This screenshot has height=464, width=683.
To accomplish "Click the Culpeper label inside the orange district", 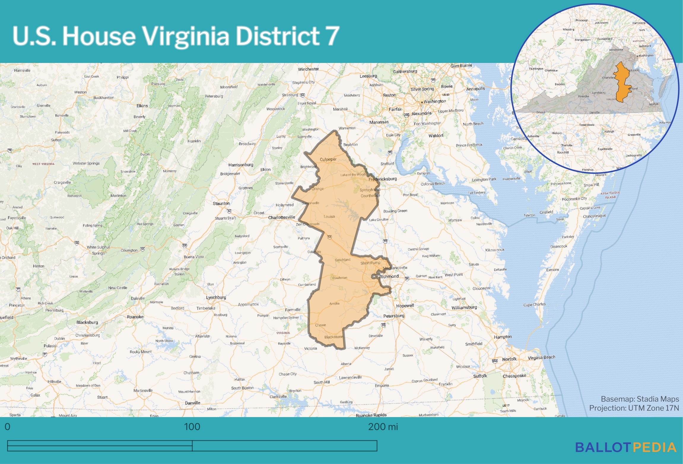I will coord(328,159).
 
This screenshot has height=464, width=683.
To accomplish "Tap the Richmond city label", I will coord(389,276).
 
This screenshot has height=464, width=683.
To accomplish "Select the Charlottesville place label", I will coord(282,217).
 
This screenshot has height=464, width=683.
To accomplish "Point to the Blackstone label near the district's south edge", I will coord(334,337).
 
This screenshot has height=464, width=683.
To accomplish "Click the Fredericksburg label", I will coord(382,179).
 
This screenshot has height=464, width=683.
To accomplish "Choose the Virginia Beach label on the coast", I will coord(541,357).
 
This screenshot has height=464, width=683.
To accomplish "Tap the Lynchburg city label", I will coord(216,297).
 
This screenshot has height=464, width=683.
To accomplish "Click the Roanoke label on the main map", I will coord(135,317).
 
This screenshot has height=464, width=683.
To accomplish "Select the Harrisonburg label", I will coord(241,165).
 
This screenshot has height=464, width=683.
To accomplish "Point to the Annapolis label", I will coord(475,89).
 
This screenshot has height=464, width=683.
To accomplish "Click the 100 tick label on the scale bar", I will coord(192,427).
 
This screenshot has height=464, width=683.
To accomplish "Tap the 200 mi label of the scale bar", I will coord(383,427).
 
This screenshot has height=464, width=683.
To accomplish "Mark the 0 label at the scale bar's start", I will coord(7,427).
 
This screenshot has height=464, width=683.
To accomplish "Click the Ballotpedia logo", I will coord(626,448).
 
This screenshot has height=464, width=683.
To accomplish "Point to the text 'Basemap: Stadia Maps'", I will coord(640,399).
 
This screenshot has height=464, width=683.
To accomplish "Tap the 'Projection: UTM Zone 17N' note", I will coord(634,408).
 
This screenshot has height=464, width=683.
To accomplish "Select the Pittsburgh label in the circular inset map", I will coord(582,20).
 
